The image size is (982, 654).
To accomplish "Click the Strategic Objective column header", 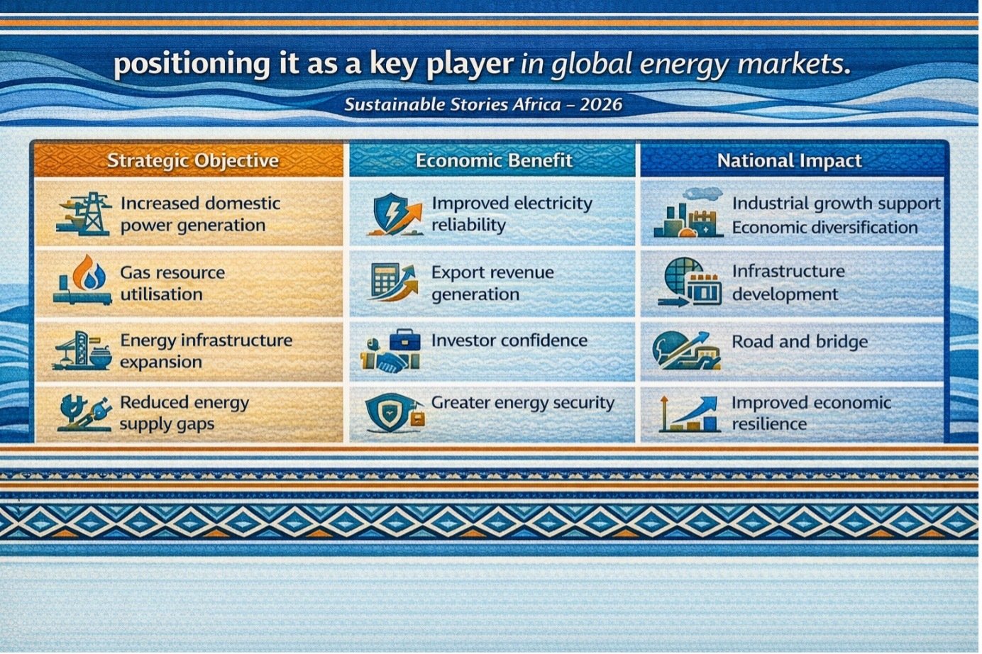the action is pos(193,160).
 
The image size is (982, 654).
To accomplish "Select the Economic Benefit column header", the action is pos(494,160).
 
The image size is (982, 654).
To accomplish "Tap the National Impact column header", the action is pos(790,160).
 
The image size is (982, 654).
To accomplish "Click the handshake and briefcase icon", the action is pos(391,350).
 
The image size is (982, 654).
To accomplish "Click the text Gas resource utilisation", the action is pos(172,283).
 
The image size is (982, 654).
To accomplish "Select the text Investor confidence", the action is pos(509,340).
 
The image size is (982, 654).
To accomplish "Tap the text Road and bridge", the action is pos(800,342).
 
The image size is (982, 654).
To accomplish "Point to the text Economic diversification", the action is pos(824,228).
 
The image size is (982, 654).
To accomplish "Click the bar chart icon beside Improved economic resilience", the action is pos(689,414).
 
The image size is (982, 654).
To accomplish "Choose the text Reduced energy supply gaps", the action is pos(184,413).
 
